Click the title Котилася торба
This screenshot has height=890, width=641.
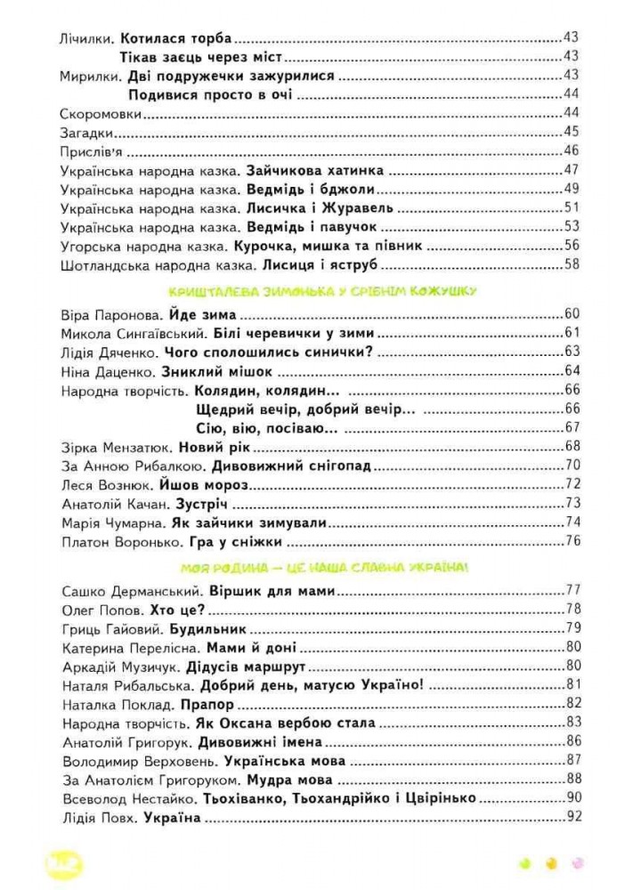click(x=174, y=38)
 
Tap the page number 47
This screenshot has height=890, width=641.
click(x=572, y=170)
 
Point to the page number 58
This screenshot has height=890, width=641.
click(x=572, y=264)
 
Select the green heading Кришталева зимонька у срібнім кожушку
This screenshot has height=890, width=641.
click(x=321, y=291)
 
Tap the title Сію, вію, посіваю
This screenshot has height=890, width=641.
click(x=264, y=428)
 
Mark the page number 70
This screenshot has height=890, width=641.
click(x=572, y=465)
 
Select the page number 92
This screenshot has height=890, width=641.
click(x=572, y=817)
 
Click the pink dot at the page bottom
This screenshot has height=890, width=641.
click(x=576, y=862)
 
